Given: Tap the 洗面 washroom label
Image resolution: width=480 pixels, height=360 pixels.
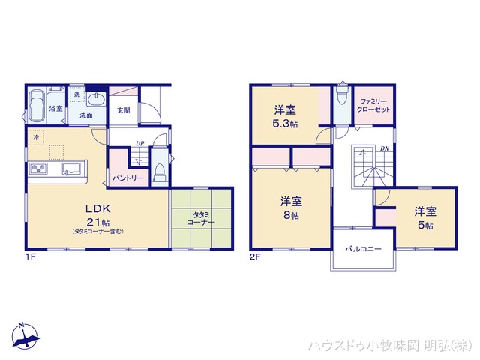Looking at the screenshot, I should click(86, 115).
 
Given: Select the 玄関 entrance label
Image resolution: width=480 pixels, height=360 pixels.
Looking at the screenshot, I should click(123, 110).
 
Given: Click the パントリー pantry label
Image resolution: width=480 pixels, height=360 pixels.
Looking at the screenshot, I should click(128, 178).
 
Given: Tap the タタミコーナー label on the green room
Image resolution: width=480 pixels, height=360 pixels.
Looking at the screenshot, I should click(200, 218).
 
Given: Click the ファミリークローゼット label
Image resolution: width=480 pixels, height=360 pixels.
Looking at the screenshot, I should click(373, 105).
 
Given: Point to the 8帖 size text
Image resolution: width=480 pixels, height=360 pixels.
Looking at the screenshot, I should click(291, 215).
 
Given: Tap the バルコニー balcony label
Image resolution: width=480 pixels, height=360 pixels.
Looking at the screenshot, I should click(363, 249).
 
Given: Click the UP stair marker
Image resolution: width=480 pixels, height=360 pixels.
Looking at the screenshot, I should click(139, 144).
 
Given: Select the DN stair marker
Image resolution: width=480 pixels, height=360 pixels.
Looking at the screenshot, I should click(383, 148).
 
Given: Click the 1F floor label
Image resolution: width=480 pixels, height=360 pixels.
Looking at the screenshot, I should click(31, 256).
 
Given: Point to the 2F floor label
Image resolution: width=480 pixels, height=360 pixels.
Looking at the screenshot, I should click(255, 256).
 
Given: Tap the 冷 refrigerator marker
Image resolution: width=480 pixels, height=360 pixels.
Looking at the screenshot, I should click(35, 137).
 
